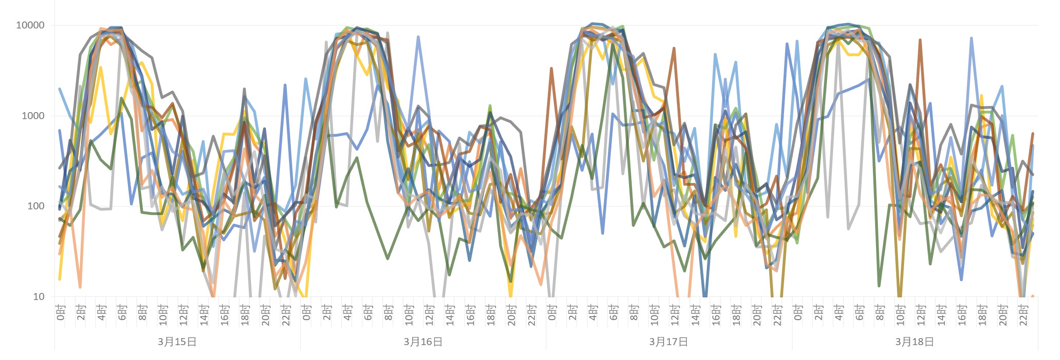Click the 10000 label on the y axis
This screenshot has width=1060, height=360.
[30, 25]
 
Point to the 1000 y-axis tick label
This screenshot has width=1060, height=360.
[32, 116]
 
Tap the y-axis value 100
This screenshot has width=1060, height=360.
[35, 206]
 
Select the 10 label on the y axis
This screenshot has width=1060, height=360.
[39, 297]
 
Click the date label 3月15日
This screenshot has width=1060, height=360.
[177, 342]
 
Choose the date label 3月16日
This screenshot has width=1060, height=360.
[423, 342]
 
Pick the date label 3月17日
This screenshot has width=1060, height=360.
[668, 342]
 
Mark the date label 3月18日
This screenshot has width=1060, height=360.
[915, 342]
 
